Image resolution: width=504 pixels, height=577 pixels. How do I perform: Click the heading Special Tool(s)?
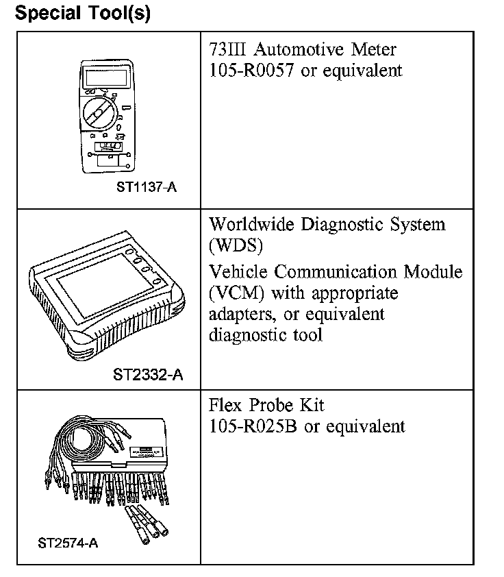(x=83, y=13)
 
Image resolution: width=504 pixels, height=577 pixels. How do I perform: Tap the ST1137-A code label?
(x=146, y=186)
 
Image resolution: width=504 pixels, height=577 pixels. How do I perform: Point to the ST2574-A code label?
(x=68, y=543)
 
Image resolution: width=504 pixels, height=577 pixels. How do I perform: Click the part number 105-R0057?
(x=252, y=71)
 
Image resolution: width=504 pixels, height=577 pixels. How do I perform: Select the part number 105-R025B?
(x=253, y=426)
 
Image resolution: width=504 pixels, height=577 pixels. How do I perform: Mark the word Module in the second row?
(x=436, y=272)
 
